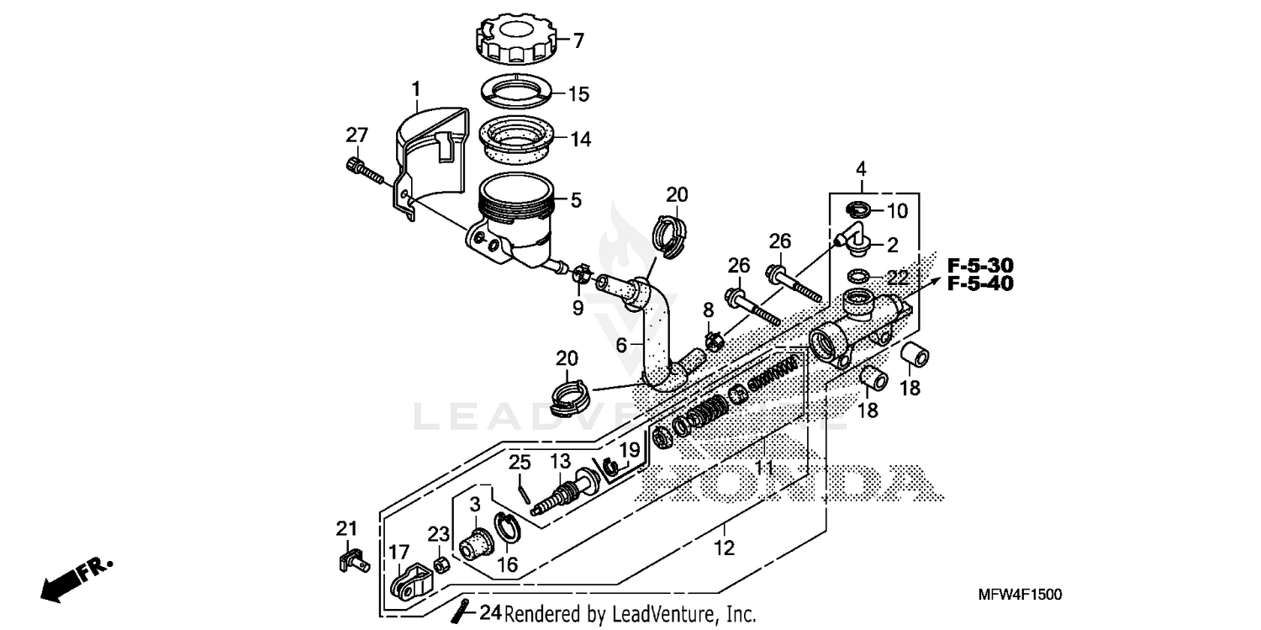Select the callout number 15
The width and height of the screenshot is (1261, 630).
(x=578, y=93)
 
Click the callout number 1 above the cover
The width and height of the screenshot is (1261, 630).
(x=415, y=87)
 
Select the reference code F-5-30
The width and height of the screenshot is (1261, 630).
(x=979, y=263)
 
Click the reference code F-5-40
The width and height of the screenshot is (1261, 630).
(x=979, y=283)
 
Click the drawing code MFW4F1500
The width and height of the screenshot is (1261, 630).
(x=1020, y=595)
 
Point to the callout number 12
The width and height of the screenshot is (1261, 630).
(x=724, y=548)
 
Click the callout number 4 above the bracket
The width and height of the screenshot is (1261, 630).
(x=861, y=169)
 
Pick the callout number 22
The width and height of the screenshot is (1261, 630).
(x=898, y=277)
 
